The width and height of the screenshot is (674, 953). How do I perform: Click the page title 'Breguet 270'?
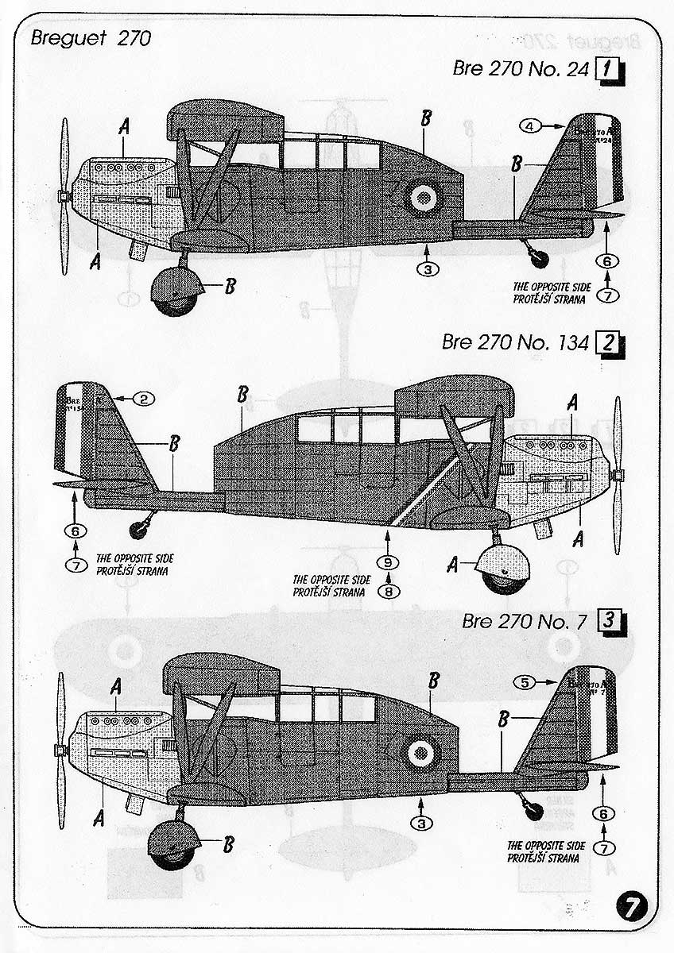pyautogui.click(x=87, y=37)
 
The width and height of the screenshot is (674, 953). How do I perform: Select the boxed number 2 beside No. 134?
pyautogui.click(x=607, y=343)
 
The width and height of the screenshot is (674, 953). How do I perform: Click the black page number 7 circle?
pyautogui.click(x=633, y=905)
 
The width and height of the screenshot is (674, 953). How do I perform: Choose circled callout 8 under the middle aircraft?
pyautogui.click(x=389, y=591)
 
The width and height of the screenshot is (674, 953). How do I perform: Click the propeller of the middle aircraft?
pyautogui.click(x=618, y=476)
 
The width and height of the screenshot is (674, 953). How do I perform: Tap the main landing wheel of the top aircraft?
pyautogui.click(x=173, y=293)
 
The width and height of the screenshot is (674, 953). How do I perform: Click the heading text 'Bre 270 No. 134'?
pyautogui.click(x=515, y=343)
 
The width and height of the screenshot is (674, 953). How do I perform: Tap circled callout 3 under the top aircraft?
pyautogui.click(x=428, y=269)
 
